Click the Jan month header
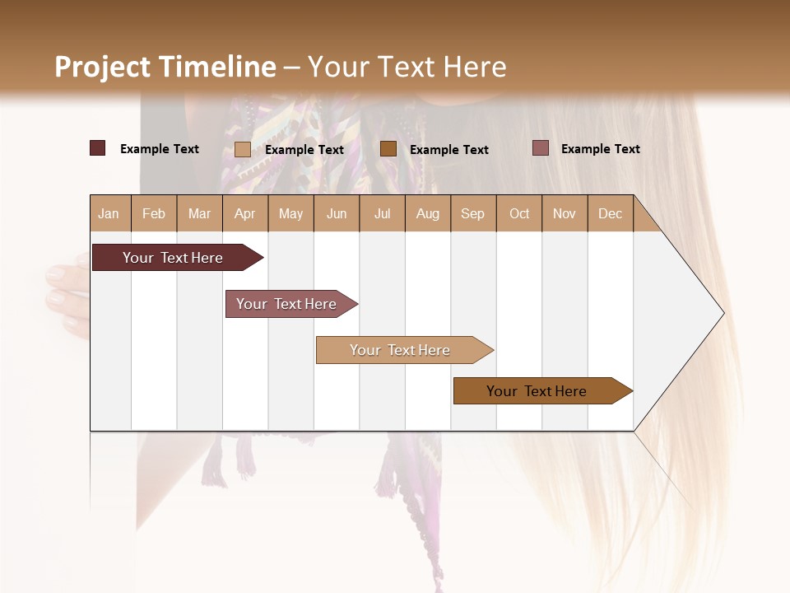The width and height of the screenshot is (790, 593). [109, 214]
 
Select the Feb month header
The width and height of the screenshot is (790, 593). [154, 214]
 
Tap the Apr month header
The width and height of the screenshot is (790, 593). [245, 214]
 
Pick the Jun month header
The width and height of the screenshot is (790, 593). [337, 214]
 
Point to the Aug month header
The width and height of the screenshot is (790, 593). [428, 214]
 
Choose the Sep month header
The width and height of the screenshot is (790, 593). [473, 214]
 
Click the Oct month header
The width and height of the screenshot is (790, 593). [519, 214]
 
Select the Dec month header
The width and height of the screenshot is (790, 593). [611, 214]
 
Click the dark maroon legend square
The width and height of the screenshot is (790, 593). [98, 148]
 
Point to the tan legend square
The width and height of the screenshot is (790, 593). [243, 149]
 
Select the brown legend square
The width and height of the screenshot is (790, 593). [388, 148]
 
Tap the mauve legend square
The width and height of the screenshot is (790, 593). [541, 148]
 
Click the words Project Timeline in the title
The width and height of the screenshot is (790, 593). [165, 67]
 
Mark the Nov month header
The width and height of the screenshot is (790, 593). [565, 214]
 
